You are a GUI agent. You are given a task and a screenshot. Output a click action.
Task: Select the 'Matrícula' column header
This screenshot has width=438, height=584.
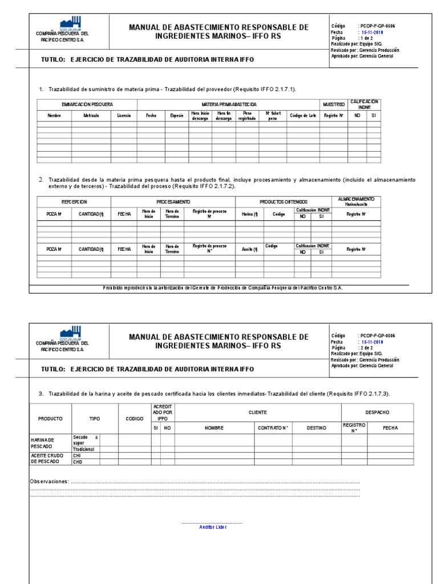tap(91, 115)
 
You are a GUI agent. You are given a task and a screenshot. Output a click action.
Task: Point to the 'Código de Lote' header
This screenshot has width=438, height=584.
tap(302, 115)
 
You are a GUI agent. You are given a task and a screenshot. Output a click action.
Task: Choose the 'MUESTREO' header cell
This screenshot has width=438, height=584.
tap(334, 104)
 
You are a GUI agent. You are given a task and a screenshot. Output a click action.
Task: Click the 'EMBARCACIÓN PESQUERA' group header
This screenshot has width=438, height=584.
tap(87, 104)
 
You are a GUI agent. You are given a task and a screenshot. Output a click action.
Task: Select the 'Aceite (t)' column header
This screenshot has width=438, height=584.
tap(249, 249)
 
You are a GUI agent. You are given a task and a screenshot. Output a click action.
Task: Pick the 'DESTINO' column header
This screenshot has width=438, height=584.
tap(317, 428)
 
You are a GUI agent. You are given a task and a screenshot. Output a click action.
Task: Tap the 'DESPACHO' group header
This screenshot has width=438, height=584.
tap(377, 412)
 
